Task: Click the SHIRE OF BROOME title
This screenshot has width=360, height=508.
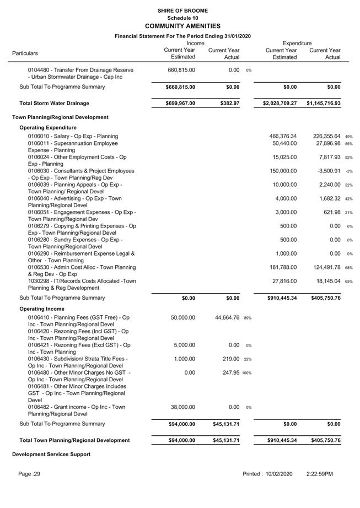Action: pos(182,10)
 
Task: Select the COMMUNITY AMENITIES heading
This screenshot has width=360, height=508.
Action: pos(182,26)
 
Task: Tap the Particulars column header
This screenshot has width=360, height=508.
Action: pos(25,53)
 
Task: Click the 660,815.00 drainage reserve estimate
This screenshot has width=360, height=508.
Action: pos(181,71)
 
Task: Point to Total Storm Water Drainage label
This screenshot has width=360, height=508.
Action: pos(54,103)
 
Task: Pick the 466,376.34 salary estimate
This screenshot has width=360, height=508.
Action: pos(283,136)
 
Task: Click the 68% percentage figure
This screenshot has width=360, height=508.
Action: pos(349,268)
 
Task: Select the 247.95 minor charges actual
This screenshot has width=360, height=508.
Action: pos(229,372)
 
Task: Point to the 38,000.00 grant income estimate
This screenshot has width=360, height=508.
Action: pos(181,407)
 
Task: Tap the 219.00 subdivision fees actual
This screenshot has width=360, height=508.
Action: pos(229,359)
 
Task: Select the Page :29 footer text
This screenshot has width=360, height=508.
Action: pos(29,474)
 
